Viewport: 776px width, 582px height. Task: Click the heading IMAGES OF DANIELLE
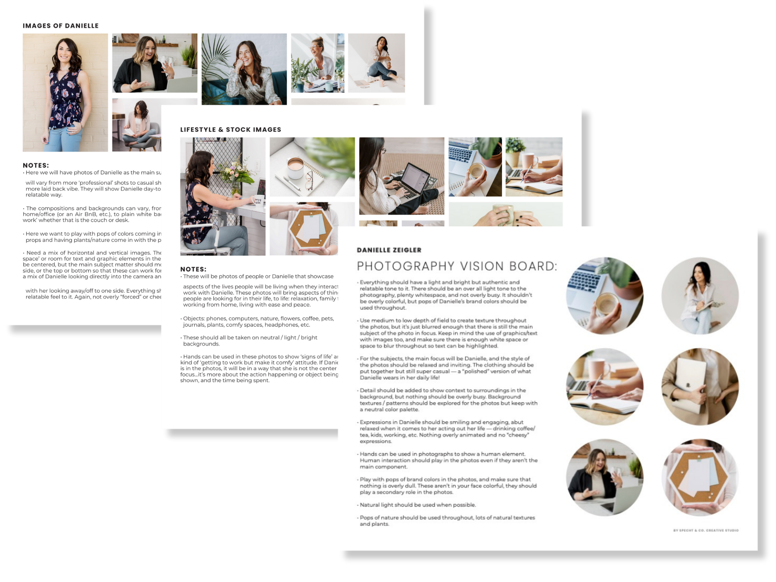pos(61,26)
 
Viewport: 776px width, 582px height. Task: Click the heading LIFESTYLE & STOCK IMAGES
pos(230,130)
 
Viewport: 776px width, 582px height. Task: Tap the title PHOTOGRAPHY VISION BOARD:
pos(457,266)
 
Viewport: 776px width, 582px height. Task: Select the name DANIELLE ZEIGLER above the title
pos(389,250)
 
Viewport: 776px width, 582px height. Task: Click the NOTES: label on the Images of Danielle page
pos(36,165)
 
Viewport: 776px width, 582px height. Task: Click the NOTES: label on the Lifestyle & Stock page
pos(193,269)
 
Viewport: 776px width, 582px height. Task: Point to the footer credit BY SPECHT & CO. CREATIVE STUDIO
pos(706,530)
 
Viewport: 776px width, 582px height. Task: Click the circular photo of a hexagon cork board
pos(700,477)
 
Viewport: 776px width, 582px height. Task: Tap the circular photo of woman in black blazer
pos(605,477)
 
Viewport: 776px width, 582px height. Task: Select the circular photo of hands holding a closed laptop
pos(700,386)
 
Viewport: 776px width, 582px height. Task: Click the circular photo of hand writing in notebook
pos(605,386)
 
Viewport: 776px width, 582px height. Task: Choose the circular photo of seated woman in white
pos(700,296)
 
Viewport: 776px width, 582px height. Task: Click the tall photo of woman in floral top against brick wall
pos(65,92)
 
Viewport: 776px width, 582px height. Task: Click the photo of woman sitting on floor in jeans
pos(376,63)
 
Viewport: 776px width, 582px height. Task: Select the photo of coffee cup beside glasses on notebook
pos(312,167)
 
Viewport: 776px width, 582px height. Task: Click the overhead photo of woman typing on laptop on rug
pos(402,176)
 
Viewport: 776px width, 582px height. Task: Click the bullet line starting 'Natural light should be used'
pos(417,505)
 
